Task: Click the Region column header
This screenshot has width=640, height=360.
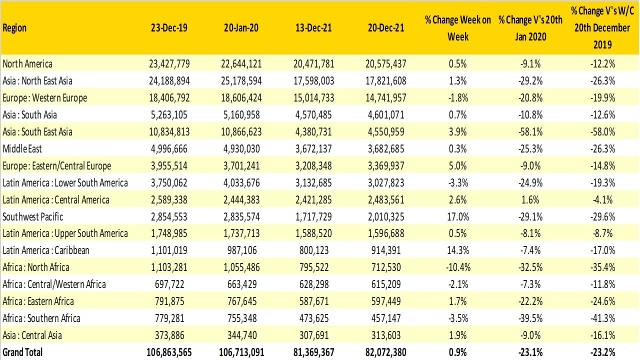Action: pyautogui.click(x=15, y=28)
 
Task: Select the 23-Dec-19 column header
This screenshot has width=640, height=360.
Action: pyautogui.click(x=169, y=28)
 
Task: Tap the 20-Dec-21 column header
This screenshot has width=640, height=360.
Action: pyautogui.click(x=385, y=28)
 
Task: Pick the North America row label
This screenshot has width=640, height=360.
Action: pyautogui.click(x=27, y=63)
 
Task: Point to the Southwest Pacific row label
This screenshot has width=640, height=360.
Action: pyautogui.click(x=33, y=216)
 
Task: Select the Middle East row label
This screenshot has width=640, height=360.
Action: pyautogui.click(x=23, y=148)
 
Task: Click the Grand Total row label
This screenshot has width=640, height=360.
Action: pyautogui.click(x=22, y=352)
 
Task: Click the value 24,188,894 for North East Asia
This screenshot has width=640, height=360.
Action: pyautogui.click(x=169, y=80)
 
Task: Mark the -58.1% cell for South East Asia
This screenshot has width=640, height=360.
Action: pyautogui.click(x=521, y=131)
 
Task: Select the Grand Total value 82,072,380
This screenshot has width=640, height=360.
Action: pyautogui.click(x=385, y=352)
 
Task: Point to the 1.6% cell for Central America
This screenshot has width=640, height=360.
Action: pyautogui.click(x=521, y=199)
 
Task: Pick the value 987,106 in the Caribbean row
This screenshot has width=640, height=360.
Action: pyautogui.click(x=241, y=250)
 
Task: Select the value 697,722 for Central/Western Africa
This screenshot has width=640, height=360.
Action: pyautogui.click(x=169, y=284)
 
